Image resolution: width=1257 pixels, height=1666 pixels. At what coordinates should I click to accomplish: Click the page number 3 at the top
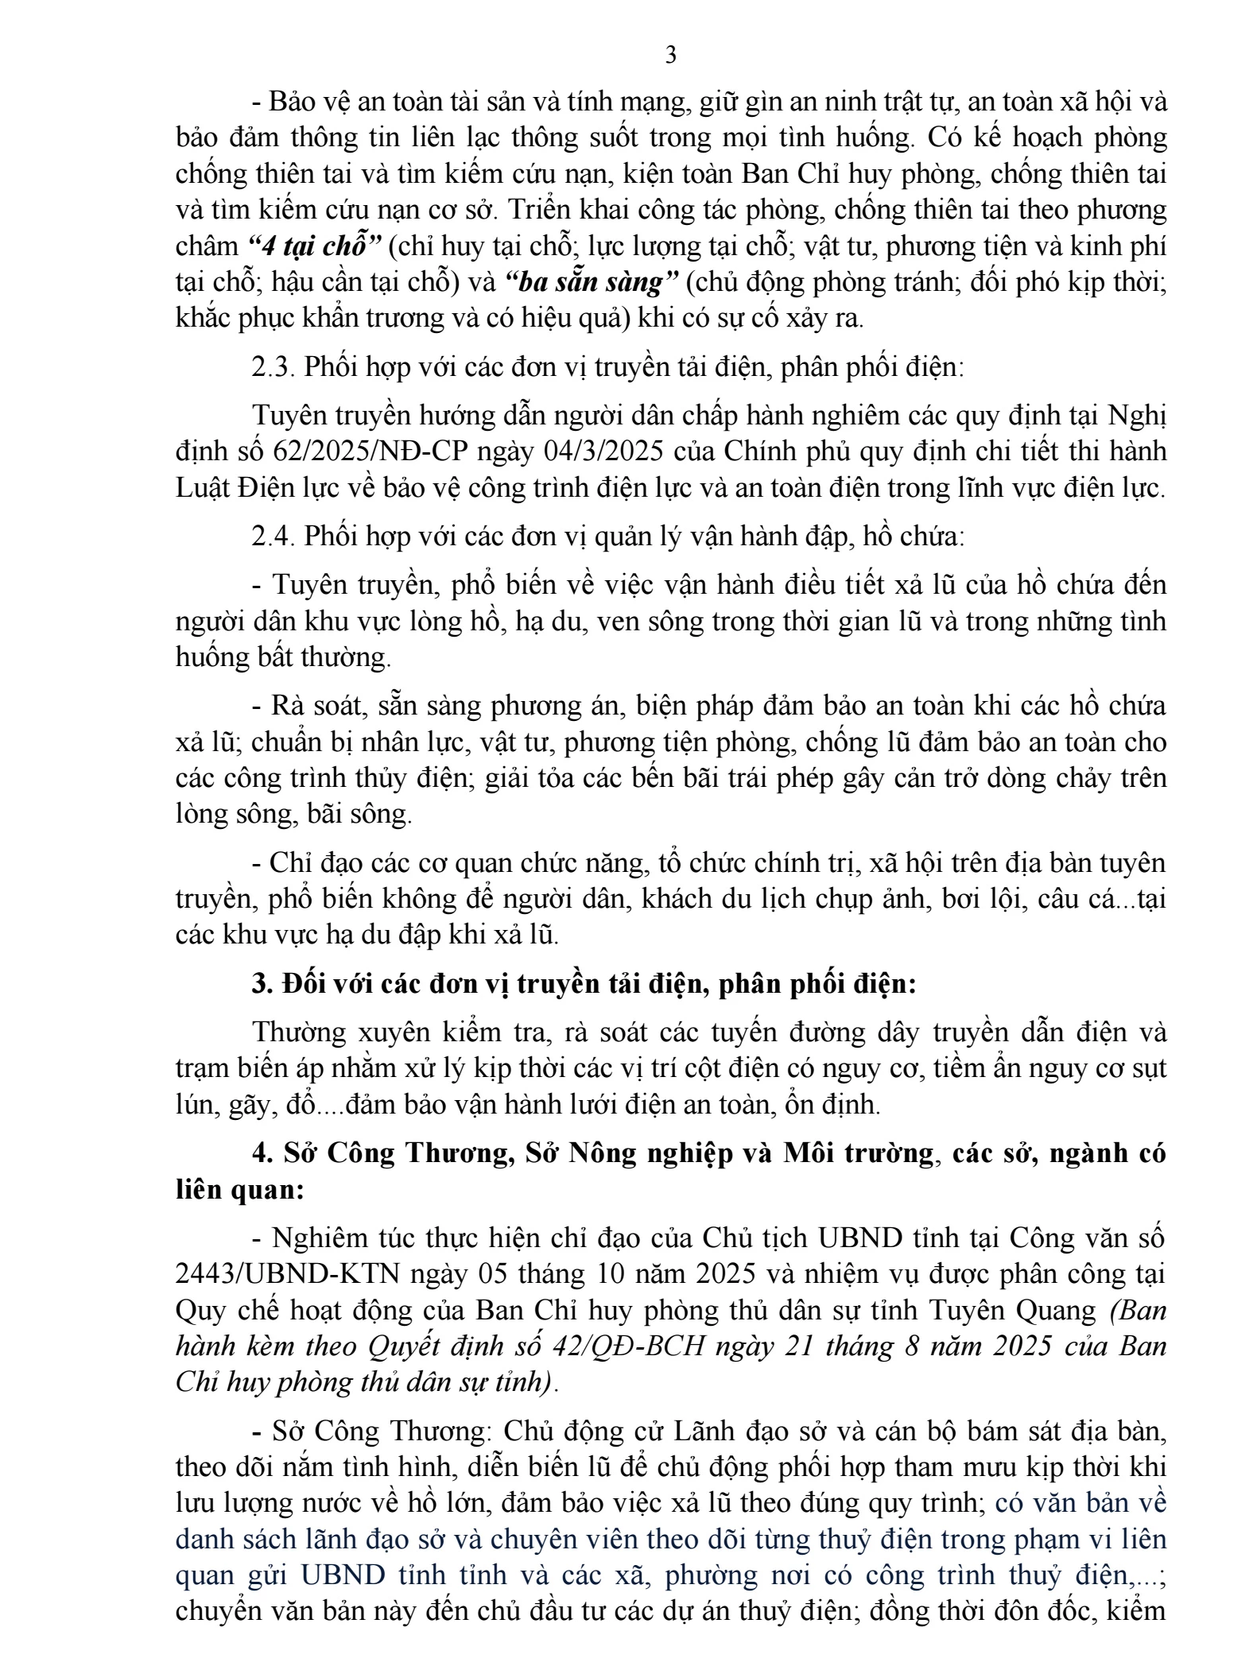click(670, 56)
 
